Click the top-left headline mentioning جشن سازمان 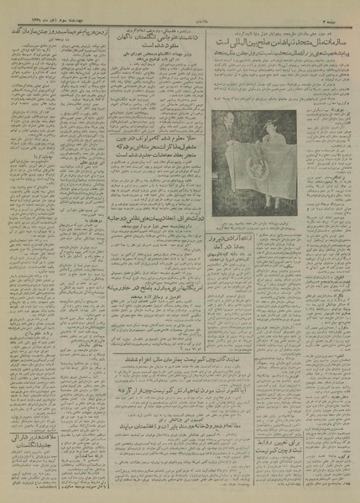point(54,28)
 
